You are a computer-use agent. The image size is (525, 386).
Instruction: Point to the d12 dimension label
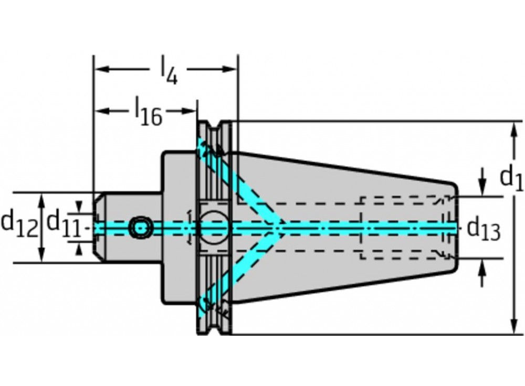pyautogui.click(x=19, y=224)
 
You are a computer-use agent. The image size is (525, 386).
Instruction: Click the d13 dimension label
pyautogui.click(x=484, y=230)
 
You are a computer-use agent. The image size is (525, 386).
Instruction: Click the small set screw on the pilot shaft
pyautogui.click(x=141, y=228)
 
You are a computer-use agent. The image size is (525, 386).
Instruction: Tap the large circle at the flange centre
pyautogui.click(x=214, y=228)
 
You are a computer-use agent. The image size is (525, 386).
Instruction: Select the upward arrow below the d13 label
pyautogui.click(x=482, y=273)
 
